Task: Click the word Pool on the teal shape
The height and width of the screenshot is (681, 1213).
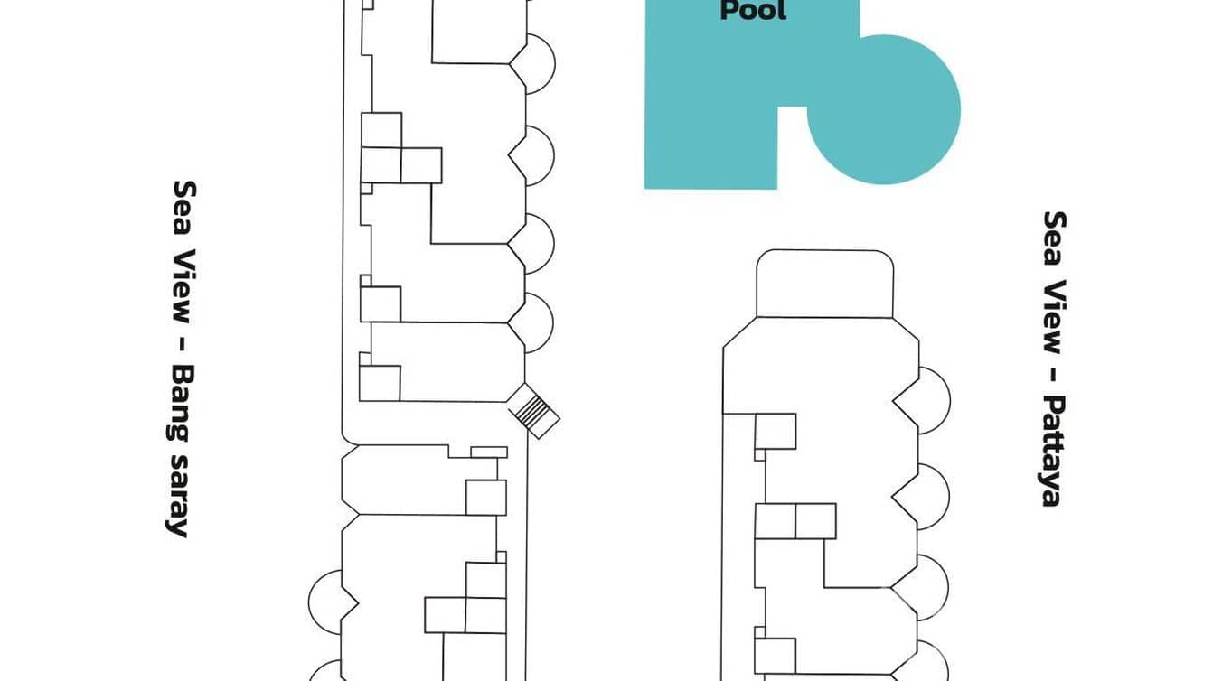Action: [753, 11]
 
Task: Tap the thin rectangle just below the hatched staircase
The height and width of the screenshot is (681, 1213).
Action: [489, 452]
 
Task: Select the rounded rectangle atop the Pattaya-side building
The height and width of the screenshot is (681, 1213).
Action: [824, 284]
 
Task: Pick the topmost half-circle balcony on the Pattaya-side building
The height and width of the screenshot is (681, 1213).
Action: [932, 400]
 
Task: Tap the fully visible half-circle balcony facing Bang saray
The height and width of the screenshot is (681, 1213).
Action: [324, 601]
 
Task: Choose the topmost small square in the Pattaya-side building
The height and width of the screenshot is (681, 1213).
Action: [775, 431]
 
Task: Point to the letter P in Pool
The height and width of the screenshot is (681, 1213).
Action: [728, 11]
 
